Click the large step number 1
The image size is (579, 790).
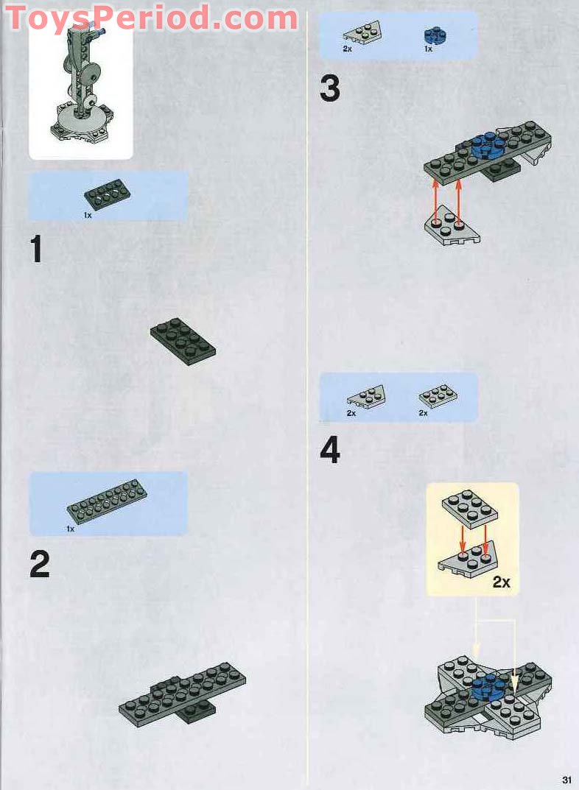tap(36, 250)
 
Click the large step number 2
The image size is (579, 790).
tap(40, 564)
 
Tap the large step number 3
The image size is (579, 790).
tap(330, 89)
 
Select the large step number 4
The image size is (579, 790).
tap(330, 451)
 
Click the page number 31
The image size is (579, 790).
tap(566, 780)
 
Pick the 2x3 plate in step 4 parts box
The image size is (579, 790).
tap(438, 395)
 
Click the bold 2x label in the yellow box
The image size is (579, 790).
tap(501, 582)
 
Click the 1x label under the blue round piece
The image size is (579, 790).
tap(428, 49)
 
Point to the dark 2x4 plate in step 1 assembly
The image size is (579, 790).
tap(183, 341)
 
